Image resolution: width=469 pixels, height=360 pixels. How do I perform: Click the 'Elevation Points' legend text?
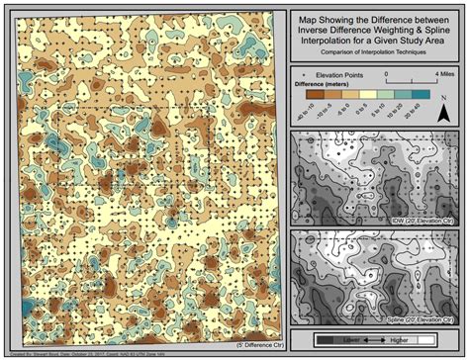pyautogui.click(x=339, y=75)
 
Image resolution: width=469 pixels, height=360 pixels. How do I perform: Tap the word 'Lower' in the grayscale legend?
pyautogui.click(x=352, y=339)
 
